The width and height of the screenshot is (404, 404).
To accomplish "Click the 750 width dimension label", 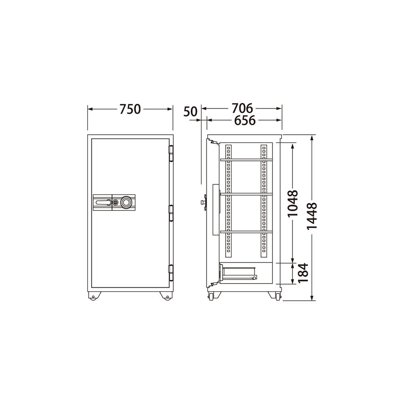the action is coord(130,109).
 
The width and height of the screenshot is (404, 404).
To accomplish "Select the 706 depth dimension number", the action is coord(242,108).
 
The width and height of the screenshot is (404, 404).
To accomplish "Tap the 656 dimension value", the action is coord(244,120).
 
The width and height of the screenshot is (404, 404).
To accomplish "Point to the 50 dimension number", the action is coord(190,112).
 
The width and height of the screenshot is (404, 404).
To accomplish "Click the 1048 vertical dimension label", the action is coord(292,204).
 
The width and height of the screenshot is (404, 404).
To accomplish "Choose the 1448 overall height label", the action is coord(312,216).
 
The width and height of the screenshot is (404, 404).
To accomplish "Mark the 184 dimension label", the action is coord(303,273).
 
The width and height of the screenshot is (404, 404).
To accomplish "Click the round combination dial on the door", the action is coord(126,202).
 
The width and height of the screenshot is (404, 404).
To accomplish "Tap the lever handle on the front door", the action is coord(103,202).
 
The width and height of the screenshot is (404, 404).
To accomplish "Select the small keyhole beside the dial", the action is coord(116,202).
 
